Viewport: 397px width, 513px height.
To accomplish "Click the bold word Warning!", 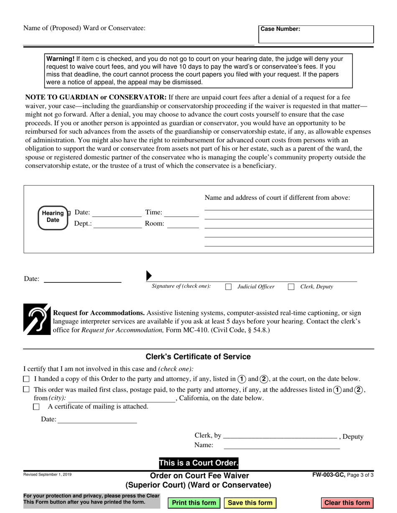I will coord(60,59).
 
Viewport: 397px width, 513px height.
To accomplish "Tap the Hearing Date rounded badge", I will coord(53,217).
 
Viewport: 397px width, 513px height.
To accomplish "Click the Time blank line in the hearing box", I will coord(181,213).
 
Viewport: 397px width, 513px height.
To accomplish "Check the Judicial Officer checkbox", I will coord(229,287).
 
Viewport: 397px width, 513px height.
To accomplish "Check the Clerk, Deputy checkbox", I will coord(291,287).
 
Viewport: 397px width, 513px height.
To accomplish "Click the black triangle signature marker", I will coord(149,276).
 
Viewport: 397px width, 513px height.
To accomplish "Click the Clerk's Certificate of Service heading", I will coord(198,357).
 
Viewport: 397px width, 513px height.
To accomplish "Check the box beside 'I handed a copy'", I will coord(26,379).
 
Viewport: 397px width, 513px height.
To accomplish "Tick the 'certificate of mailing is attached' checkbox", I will coord(36,407).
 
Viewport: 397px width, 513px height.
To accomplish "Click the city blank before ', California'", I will coord(124,398).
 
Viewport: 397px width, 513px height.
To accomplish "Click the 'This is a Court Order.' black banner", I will coord(198,463).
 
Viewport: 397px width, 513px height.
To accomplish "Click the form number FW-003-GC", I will coord(328,475).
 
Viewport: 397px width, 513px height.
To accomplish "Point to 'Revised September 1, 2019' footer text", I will coord(47,475).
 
